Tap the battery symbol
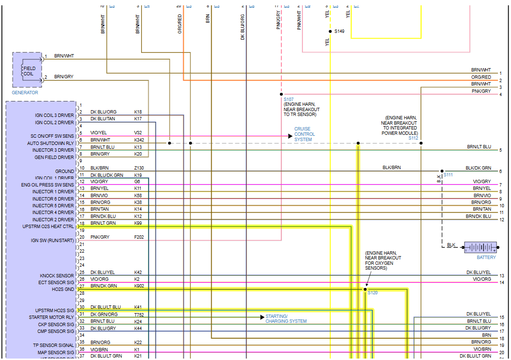click(x=480, y=247)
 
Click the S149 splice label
click(x=339, y=31)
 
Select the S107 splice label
click(x=289, y=99)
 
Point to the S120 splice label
click(x=372, y=293)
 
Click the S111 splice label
click(x=448, y=174)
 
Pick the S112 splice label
click(x=413, y=138)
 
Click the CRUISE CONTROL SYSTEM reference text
click(x=305, y=134)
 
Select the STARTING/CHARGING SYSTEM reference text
click(x=286, y=319)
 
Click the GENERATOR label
click(x=25, y=93)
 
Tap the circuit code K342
click(x=139, y=140)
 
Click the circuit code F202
click(x=139, y=237)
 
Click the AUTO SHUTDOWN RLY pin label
click(x=50, y=144)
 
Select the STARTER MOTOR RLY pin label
click(x=51, y=317)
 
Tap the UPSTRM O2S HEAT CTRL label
click(x=48, y=227)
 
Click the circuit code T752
click(x=139, y=315)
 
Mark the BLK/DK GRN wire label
click(x=478, y=168)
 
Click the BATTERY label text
click(x=486, y=258)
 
